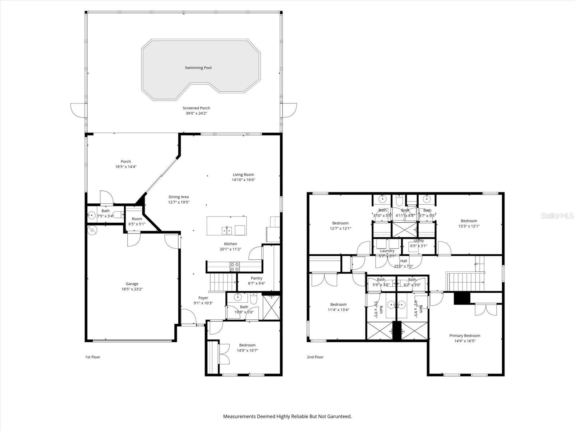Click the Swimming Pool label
click(198, 68)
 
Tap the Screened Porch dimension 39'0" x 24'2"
click(196, 113)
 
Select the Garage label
click(132, 284)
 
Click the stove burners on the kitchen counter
click(235, 267)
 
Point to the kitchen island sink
click(226, 230)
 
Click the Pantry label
click(256, 278)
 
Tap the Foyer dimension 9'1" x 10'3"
click(203, 303)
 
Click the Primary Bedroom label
click(465, 336)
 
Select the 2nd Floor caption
click(315, 357)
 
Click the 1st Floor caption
click(92, 357)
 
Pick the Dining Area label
click(179, 197)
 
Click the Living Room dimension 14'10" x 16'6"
click(243, 180)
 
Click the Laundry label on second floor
click(387, 251)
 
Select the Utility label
click(419, 241)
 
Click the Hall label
click(404, 261)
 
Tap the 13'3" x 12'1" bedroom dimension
click(469, 226)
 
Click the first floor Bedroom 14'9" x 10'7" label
click(247, 345)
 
